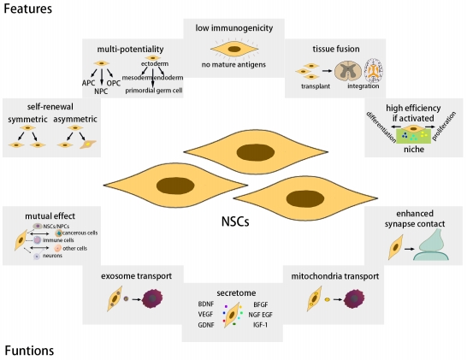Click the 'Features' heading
(28, 9)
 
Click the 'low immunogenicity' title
(233, 28)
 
